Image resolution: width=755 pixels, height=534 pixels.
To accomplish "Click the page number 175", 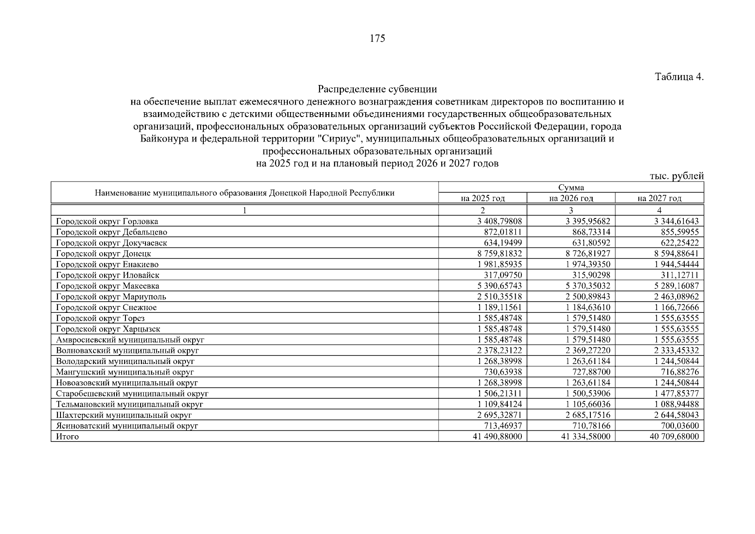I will tap(377, 39).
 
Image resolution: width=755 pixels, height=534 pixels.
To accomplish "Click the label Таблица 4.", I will tap(679, 77).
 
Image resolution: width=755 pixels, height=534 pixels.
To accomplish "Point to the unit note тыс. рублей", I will tap(676, 176).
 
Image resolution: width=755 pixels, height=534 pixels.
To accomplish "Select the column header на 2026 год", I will tap(571, 198).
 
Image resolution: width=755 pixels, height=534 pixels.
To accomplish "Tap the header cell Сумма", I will tap(571, 188).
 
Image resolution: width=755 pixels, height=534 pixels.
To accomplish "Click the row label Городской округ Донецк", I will tap(104, 254).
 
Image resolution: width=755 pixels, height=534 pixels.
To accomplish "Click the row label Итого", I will tap(67, 437).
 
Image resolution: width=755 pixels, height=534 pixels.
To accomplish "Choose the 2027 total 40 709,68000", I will tap(674, 437).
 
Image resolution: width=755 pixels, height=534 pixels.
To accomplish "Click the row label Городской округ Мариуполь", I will tap(111, 297).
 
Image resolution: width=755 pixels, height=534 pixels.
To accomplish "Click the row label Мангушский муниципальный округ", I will tap(125, 372).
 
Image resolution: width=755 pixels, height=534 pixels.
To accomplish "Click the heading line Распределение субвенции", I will tap(377, 89).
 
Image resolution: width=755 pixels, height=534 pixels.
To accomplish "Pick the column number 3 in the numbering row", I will tap(571, 210).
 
